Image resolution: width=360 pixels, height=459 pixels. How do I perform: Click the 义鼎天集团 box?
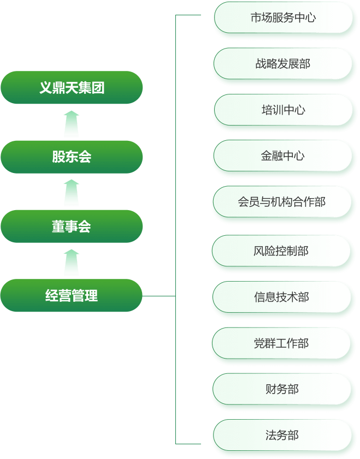pos(72,87)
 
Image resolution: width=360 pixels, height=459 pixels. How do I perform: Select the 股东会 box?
pos(72,157)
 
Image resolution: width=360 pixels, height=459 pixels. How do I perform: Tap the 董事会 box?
pos(72,226)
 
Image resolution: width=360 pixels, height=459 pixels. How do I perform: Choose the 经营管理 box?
pos(72,295)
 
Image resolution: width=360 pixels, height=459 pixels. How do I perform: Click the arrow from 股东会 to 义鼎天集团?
pos(72,123)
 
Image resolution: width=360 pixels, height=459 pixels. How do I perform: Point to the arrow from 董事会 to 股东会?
pos(72,193)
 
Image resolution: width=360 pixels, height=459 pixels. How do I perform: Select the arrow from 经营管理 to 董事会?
pos(72,262)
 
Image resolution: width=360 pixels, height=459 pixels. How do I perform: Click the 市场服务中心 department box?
pos(283,17)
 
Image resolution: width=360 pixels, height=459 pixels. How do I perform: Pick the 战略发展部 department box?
pos(283,64)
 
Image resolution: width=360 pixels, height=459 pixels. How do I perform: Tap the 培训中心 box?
pos(283,110)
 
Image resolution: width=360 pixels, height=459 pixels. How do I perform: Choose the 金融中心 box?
pos(283,156)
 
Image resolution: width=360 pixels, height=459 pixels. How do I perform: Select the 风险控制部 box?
pos(281,251)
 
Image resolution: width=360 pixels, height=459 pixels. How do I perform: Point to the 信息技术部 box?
pos(281,297)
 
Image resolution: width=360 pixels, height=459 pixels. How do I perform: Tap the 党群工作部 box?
pos(281,343)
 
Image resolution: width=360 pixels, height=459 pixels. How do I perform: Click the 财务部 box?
pos(281,389)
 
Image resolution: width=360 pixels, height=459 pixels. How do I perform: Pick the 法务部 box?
pos(281,436)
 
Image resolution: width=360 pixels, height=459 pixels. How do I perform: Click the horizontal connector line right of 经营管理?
pos(159,296)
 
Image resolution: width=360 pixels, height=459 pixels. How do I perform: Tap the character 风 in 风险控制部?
pos(259,251)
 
